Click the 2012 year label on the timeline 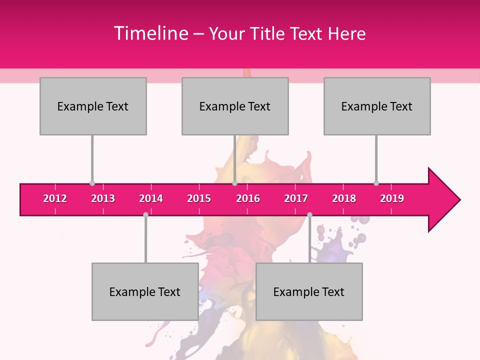pos(55,198)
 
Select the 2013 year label pos(103,198)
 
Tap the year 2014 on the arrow pos(151,198)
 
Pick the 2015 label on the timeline pos(199,198)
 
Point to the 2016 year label pos(248,198)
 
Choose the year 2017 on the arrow pos(296,198)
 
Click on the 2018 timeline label pos(344,198)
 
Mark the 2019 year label pos(392,198)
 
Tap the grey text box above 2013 pos(93,106)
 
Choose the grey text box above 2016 pos(235,106)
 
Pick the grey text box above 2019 pos(377,106)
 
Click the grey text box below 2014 pos(145,291)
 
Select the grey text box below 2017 pos(309,291)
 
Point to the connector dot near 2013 pos(92,183)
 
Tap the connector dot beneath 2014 pos(145,215)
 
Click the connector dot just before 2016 pos(234,183)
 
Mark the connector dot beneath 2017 pos(309,215)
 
